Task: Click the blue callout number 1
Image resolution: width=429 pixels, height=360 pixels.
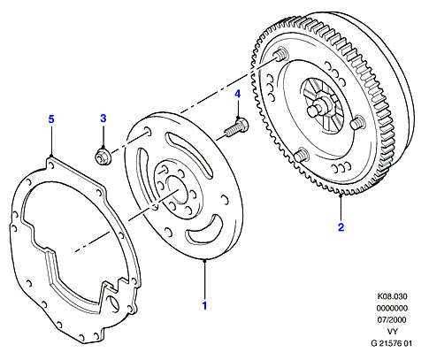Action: [204, 306]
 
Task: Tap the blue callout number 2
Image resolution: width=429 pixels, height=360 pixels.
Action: [341, 227]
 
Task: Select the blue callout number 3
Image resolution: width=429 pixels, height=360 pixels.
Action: [103, 119]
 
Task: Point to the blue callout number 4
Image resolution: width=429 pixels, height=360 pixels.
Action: [238, 94]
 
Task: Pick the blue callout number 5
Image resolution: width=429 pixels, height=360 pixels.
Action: [51, 119]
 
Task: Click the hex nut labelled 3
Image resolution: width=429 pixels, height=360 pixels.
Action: [103, 157]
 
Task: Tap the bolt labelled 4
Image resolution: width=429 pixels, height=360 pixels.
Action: [236, 127]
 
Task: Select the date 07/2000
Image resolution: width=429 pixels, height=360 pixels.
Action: [392, 320]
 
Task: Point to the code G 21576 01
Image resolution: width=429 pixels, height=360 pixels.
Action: [391, 343]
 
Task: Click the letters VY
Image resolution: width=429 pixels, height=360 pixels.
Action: [392, 332]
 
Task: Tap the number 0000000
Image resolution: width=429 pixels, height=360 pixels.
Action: [392, 308]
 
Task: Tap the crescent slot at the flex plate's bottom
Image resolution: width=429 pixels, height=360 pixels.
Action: [204, 230]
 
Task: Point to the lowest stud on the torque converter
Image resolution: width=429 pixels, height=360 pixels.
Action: [302, 154]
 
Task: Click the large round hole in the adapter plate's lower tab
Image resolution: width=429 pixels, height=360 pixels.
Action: [113, 302]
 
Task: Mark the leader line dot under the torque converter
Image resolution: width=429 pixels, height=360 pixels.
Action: [341, 195]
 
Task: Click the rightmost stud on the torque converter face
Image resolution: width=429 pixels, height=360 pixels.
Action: [358, 122]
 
